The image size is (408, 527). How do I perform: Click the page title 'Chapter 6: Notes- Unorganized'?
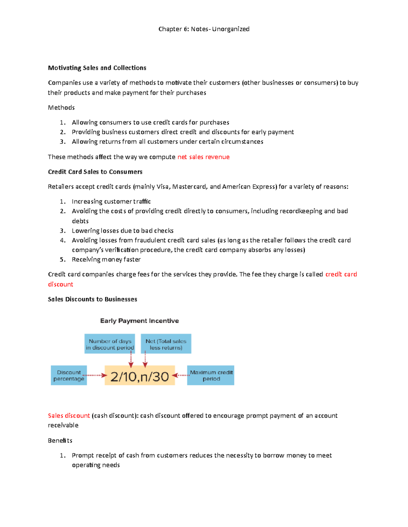click(204, 29)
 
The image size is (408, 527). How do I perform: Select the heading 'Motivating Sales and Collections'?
click(97, 68)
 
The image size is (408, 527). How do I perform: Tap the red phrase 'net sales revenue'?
click(203, 157)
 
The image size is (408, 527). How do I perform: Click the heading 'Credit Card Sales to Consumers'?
click(95, 172)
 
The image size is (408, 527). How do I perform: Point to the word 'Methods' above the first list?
click(61, 108)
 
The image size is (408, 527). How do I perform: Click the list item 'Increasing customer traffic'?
click(111, 202)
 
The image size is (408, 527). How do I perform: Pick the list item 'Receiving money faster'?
click(106, 260)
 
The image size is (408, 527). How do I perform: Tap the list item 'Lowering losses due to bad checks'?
click(122, 231)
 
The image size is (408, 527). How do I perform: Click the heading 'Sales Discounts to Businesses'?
click(92, 299)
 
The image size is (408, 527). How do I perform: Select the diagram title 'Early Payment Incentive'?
click(139, 321)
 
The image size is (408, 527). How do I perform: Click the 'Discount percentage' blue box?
click(69, 375)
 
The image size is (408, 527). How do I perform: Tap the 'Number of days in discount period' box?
click(110, 344)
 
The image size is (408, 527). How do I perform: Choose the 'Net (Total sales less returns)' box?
click(166, 344)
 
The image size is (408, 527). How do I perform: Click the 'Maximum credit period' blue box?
click(211, 375)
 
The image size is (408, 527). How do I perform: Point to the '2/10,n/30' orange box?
click(140, 376)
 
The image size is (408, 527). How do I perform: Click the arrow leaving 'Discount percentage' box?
click(96, 375)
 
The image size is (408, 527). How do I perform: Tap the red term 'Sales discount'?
click(69, 416)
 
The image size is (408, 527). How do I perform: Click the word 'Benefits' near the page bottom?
click(60, 440)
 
